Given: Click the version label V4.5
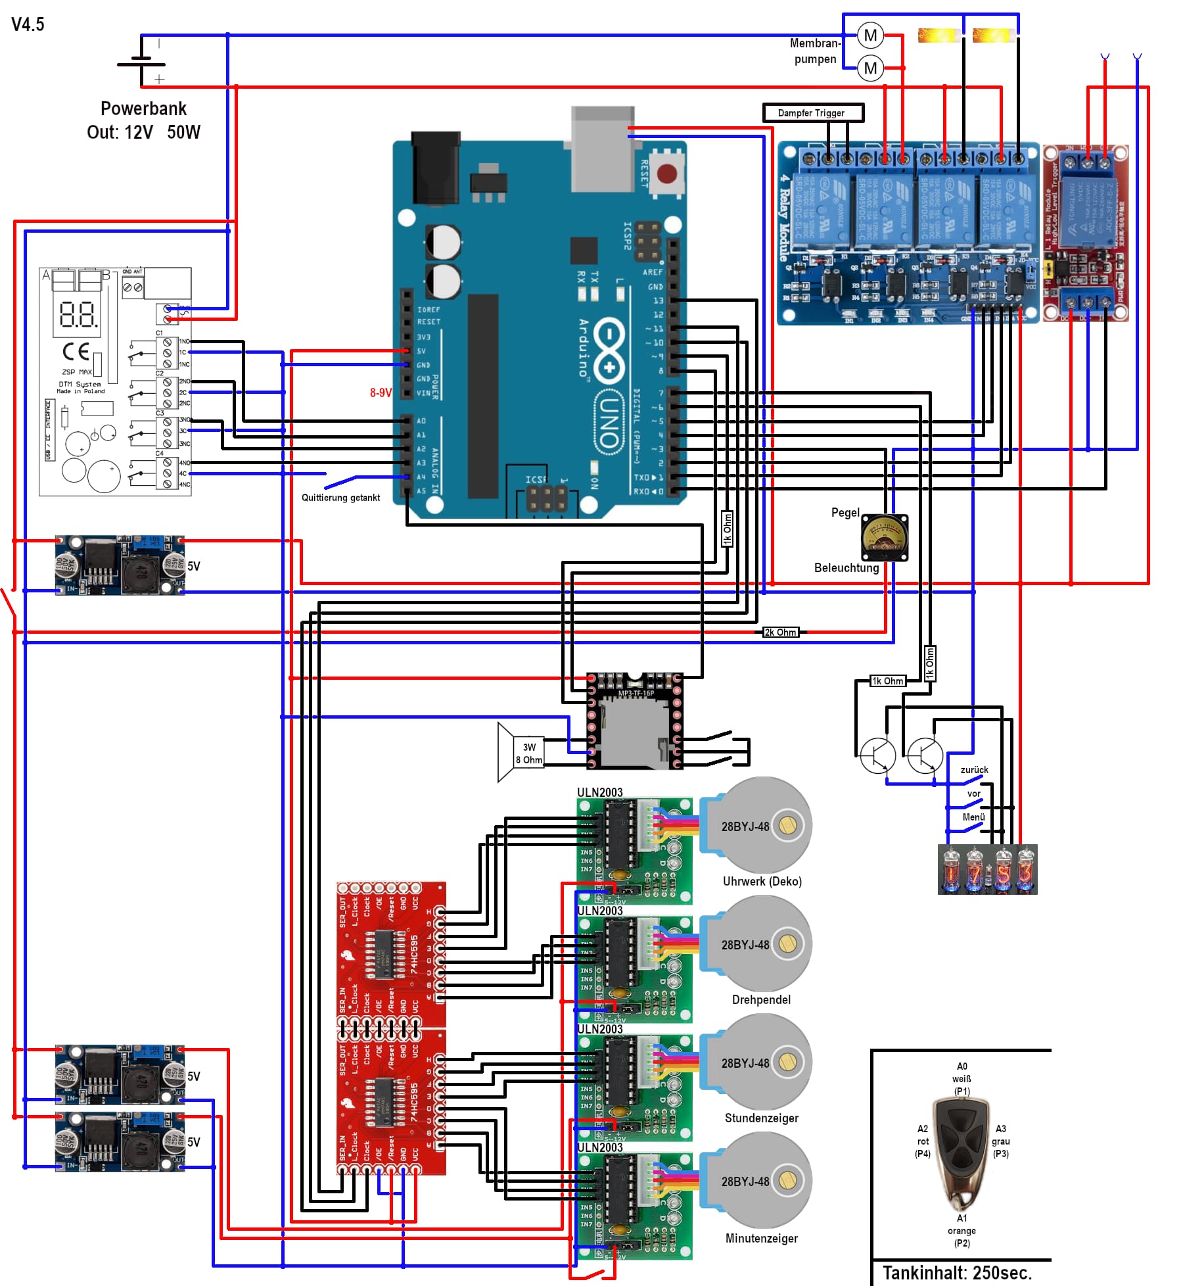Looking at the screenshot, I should pos(28,24).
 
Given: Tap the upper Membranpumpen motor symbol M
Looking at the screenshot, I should pos(870,36).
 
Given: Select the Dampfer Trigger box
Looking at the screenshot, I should pos(812,113).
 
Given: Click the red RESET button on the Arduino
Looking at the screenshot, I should pos(666,174).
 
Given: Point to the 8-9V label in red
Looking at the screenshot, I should pos(381,393).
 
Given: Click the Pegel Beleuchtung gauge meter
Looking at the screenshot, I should pos(884,538).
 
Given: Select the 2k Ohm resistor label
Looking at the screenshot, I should pos(780,632).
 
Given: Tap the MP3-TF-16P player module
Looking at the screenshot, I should pos(634,721).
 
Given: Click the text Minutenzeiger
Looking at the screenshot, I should pos(761,1238).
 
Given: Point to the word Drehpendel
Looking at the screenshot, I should pos(761,999).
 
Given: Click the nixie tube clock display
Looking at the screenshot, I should pos(987,869).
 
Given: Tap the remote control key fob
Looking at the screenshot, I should pos(962,1151).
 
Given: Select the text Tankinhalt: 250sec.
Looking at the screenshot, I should pos(957,1272).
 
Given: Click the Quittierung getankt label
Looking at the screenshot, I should pos(340,498).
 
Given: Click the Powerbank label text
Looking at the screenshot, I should pos(143,108).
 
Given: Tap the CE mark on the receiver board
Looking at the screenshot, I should pos(76,352).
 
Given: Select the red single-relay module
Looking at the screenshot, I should pos(1085,233).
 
